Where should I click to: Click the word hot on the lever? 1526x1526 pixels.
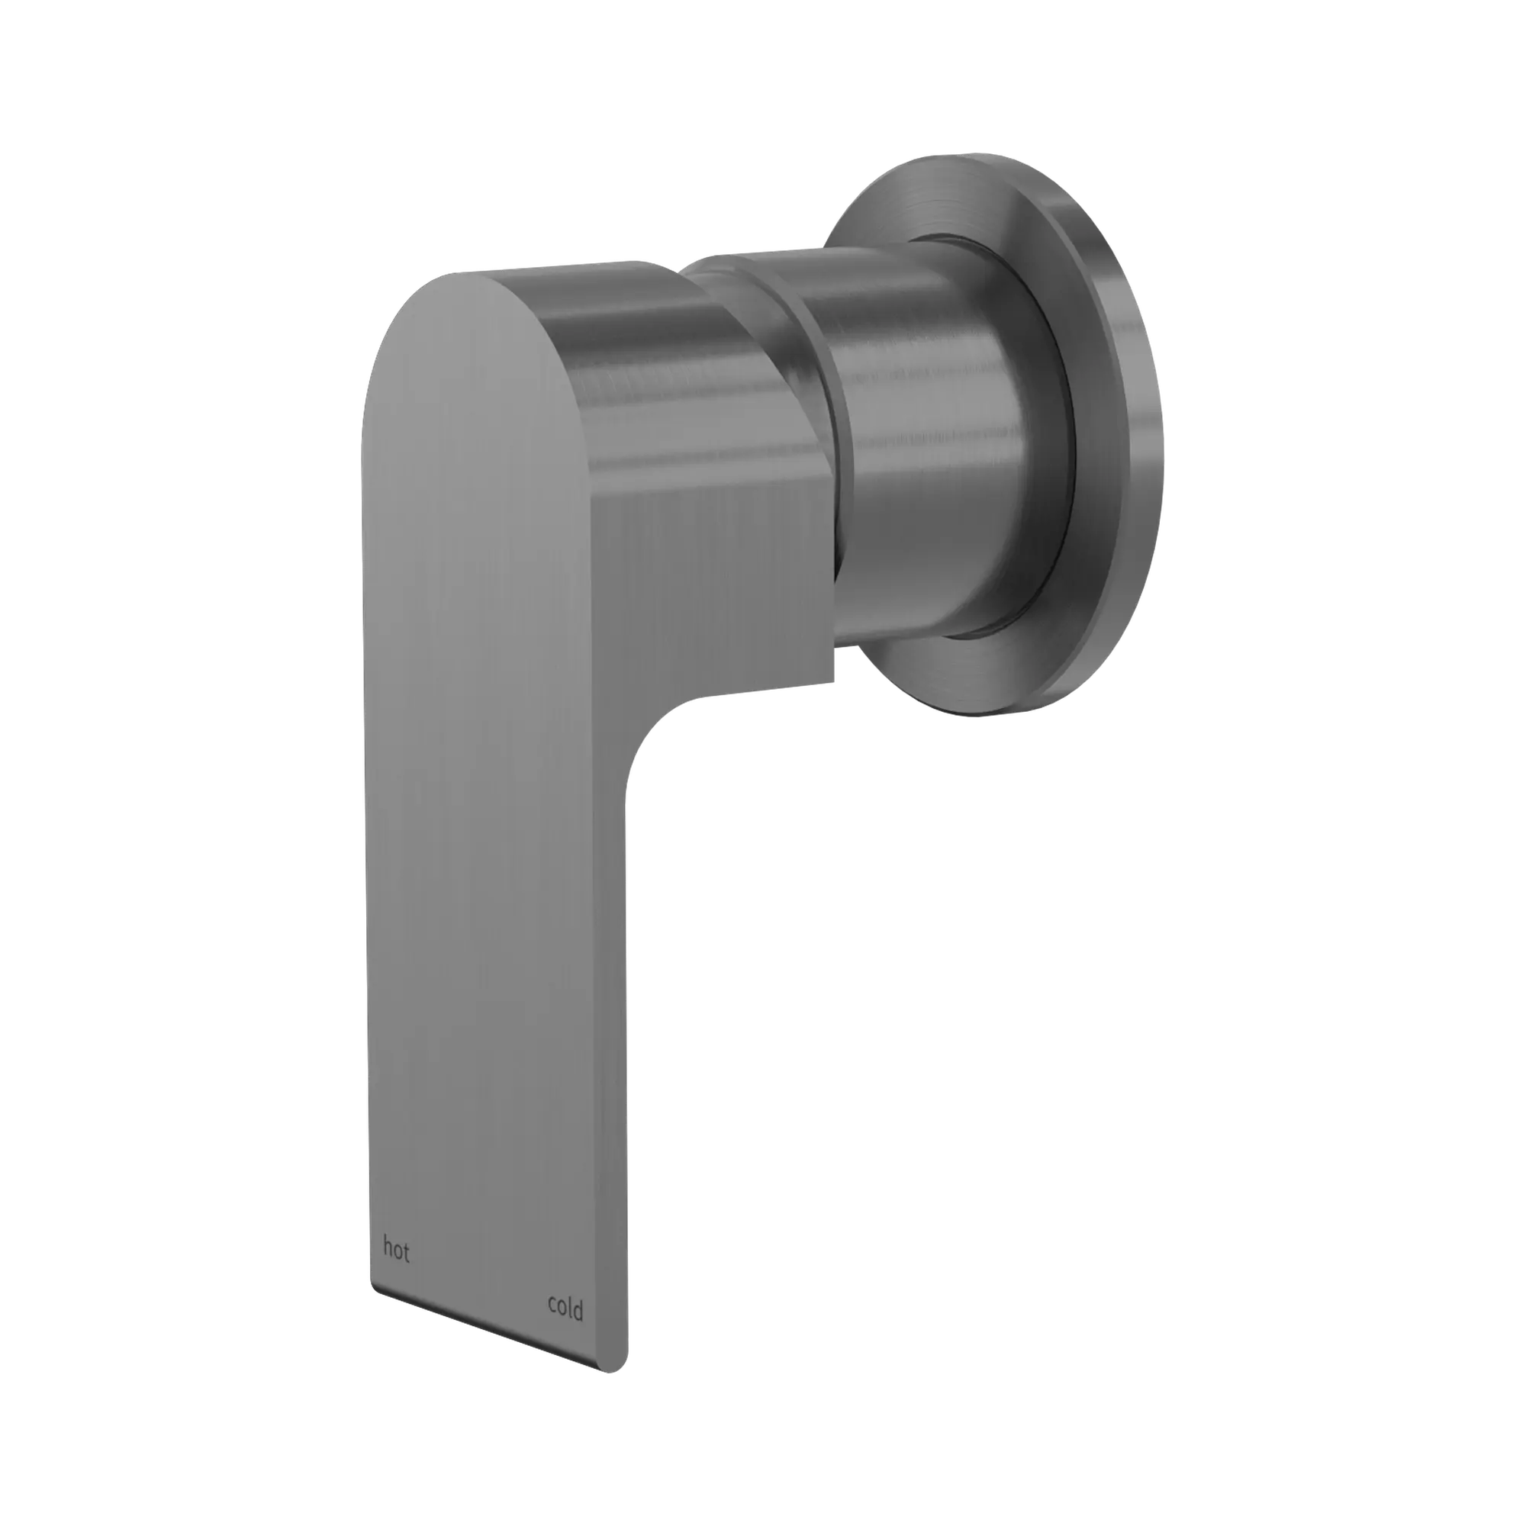(397, 1251)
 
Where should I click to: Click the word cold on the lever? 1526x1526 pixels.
(565, 1307)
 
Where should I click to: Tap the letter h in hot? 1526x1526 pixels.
(387, 1249)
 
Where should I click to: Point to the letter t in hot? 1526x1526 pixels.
(406, 1253)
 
